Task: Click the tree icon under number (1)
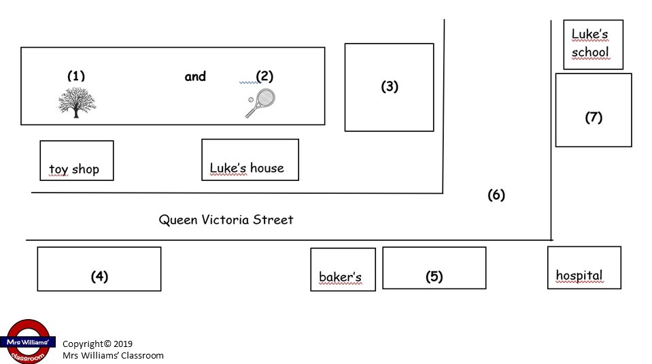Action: click(77, 102)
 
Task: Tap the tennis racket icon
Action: click(260, 103)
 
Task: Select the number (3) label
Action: click(390, 86)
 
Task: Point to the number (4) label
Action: click(99, 276)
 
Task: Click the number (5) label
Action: click(434, 276)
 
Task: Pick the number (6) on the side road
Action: click(496, 195)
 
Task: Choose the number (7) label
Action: click(594, 117)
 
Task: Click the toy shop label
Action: click(74, 169)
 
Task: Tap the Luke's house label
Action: click(247, 168)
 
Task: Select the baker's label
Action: click(340, 277)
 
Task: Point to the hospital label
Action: click(579, 276)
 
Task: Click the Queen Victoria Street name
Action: click(226, 220)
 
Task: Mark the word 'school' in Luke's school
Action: click(590, 52)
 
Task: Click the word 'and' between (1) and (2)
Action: click(195, 77)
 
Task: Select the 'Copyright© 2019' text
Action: click(97, 344)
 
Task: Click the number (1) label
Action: click(76, 76)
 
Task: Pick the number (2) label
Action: click(264, 76)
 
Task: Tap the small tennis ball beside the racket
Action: click(251, 100)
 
